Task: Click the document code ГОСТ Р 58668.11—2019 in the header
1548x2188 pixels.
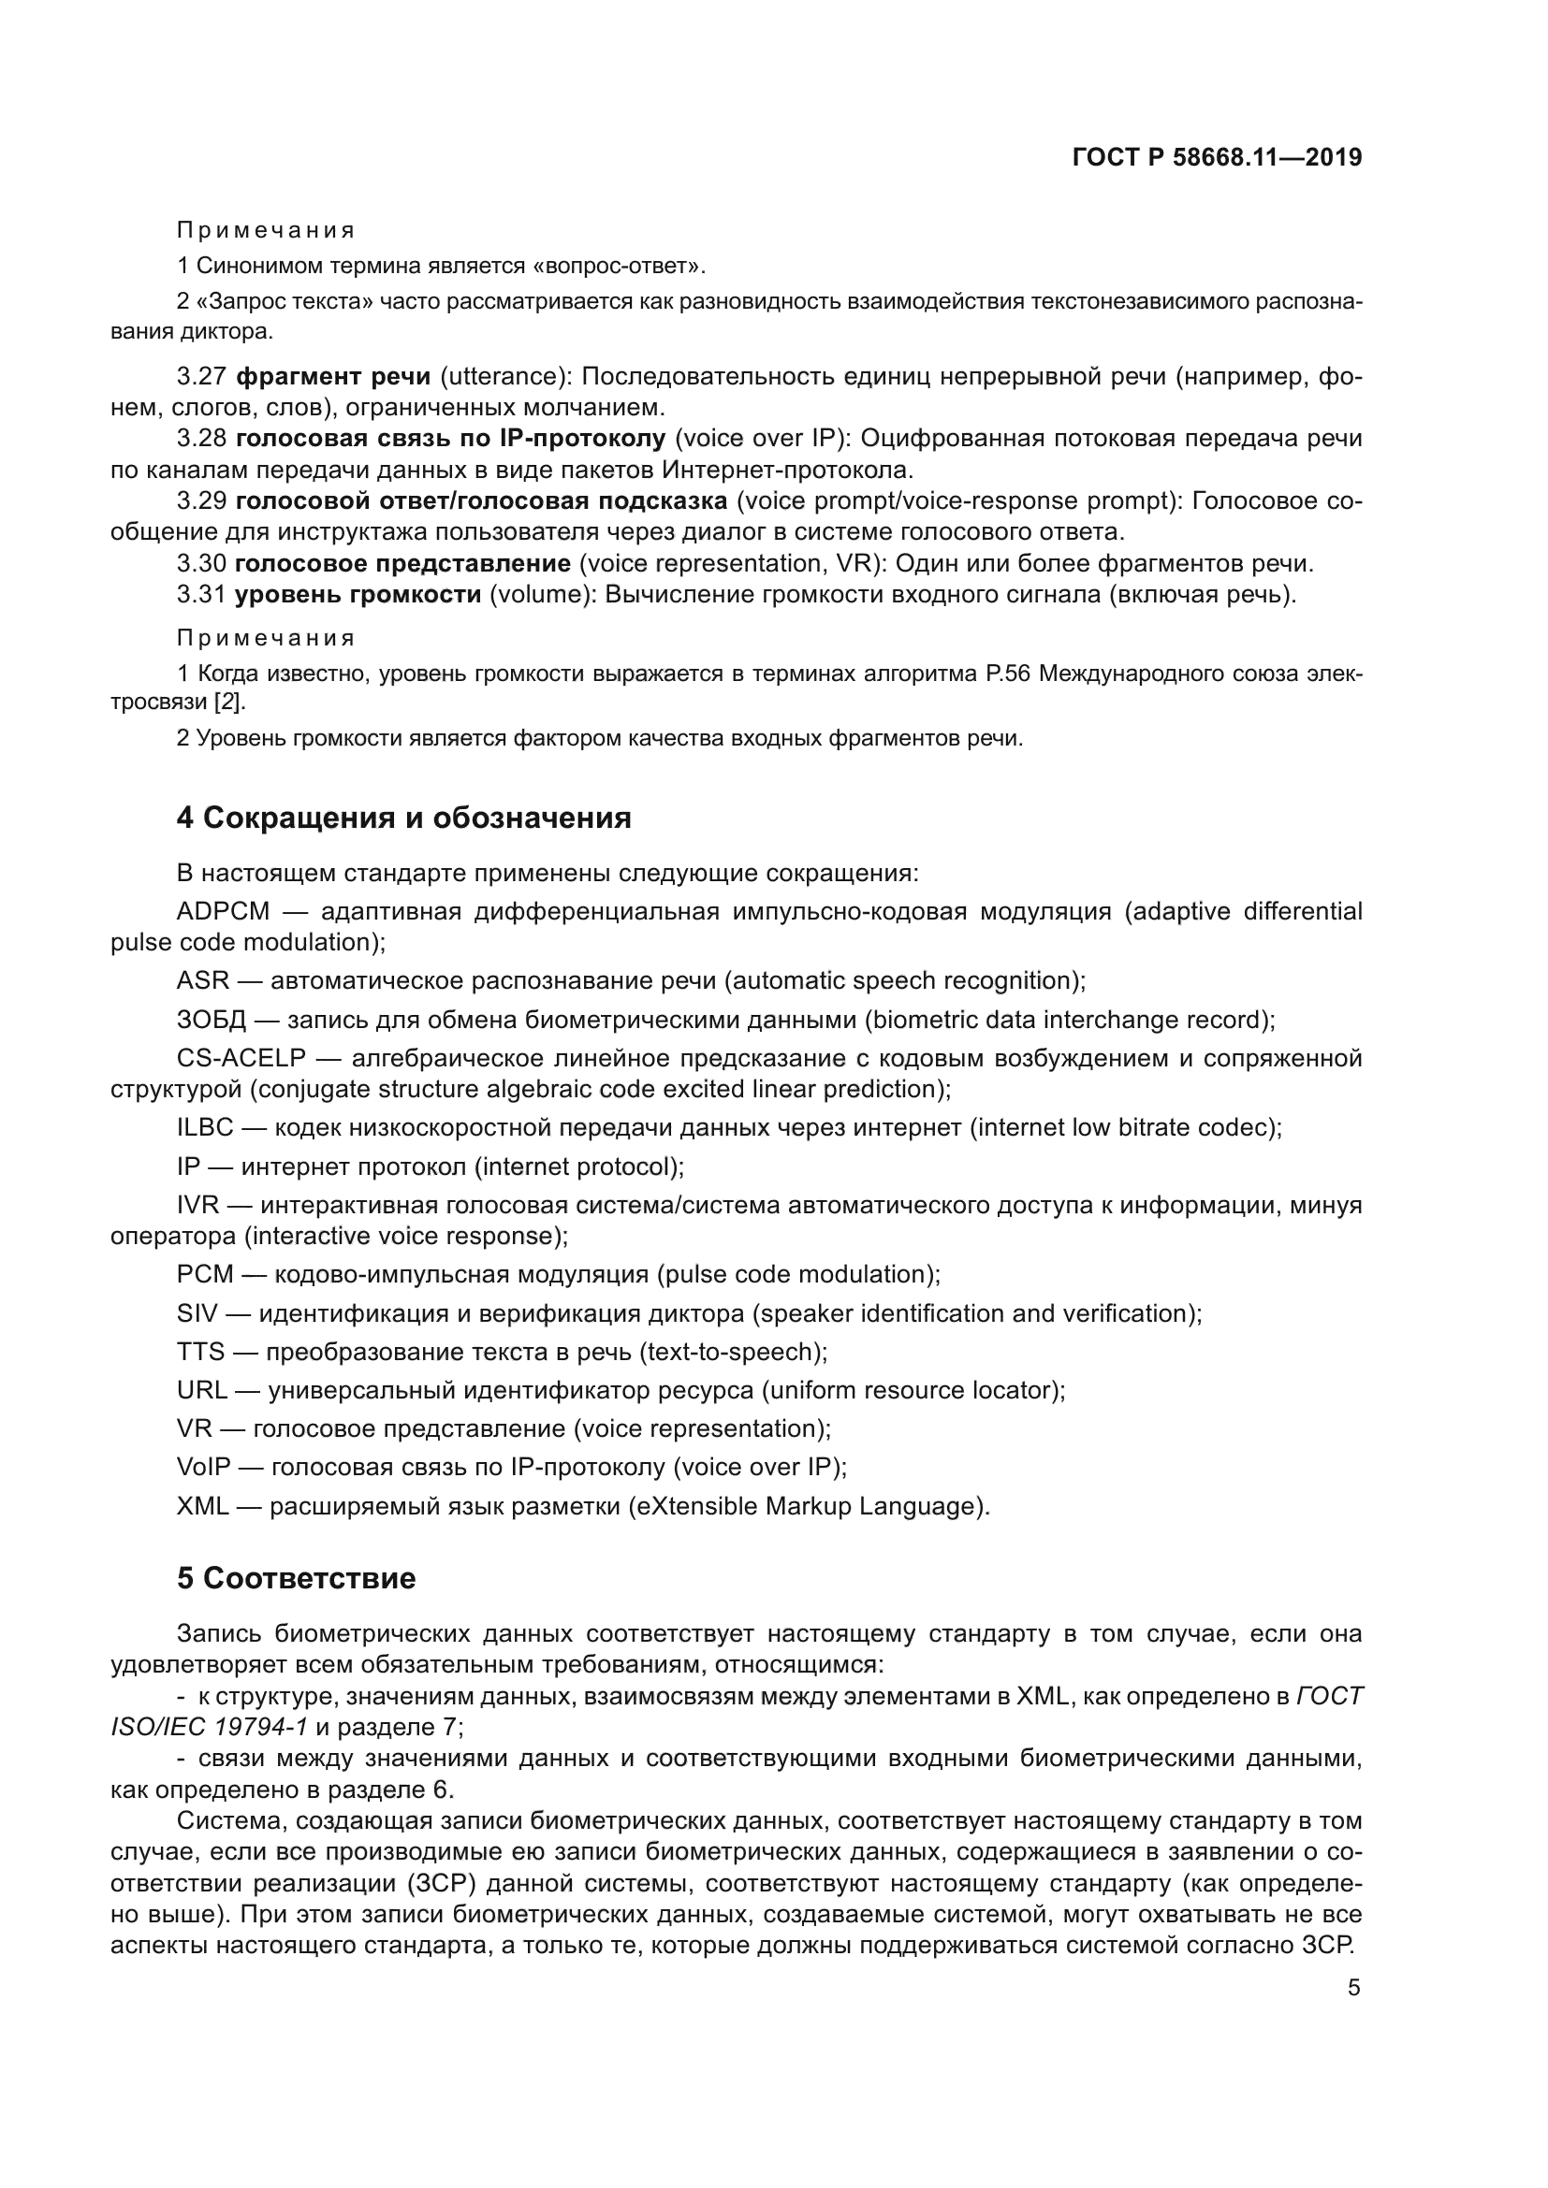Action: (1218, 158)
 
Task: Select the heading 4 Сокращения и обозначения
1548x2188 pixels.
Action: (403, 818)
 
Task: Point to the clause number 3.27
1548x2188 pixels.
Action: (200, 376)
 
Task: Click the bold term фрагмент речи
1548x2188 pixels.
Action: (332, 376)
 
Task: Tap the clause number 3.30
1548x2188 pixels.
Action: (200, 563)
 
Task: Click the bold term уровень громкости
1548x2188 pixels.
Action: (358, 595)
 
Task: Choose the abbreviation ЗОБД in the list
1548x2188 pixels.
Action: (211, 1020)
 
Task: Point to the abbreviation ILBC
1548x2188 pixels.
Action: (205, 1127)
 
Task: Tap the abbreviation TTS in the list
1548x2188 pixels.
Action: (200, 1352)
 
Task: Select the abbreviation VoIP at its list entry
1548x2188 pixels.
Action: (203, 1467)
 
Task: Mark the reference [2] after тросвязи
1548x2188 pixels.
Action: (228, 703)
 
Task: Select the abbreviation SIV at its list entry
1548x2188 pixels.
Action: (197, 1313)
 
